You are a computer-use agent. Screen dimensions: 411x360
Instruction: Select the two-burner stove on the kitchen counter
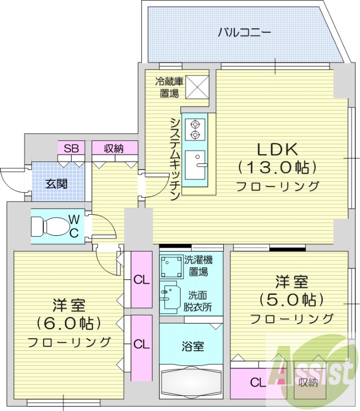(195, 129)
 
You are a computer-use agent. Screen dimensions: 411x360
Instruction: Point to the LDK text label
(277, 150)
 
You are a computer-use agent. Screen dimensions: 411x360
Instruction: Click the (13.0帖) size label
(277, 167)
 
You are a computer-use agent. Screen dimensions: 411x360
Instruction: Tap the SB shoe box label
(71, 149)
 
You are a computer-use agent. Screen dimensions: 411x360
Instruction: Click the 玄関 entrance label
(55, 183)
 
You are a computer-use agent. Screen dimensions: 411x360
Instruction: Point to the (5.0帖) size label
(291, 300)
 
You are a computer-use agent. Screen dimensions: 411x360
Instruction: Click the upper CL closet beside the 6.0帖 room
(141, 280)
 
